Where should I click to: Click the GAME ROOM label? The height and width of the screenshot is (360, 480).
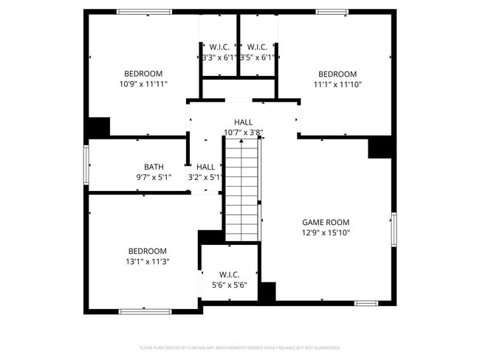click(326, 222)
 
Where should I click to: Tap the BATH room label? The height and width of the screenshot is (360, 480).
click(154, 167)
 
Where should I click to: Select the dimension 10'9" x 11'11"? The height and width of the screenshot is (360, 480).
click(143, 84)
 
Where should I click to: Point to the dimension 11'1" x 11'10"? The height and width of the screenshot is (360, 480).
click(337, 84)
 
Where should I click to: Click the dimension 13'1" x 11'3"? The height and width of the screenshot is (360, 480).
click(147, 261)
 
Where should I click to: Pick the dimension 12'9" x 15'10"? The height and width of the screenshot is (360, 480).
click(326, 232)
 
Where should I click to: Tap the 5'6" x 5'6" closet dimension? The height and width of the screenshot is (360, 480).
click(230, 285)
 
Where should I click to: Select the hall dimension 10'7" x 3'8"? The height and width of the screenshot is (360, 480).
click(244, 133)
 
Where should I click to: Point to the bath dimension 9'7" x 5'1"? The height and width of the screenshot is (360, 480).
click(154, 177)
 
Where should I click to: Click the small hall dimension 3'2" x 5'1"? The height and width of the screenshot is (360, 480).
click(206, 177)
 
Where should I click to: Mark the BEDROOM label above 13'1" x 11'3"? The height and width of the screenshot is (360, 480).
click(147, 251)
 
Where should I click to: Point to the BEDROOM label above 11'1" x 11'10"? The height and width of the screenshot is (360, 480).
click(337, 74)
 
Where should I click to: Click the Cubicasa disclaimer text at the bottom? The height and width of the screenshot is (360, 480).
click(240, 347)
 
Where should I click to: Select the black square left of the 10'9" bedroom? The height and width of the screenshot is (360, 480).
click(97, 128)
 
